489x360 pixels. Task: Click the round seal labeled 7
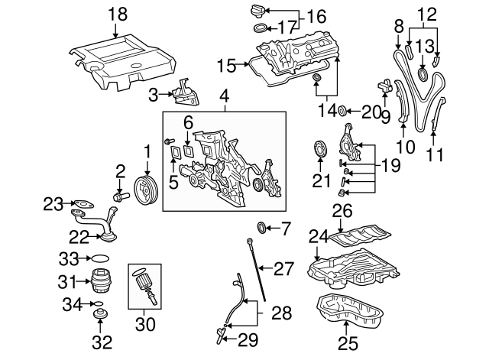264,227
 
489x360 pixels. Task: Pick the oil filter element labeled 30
145,287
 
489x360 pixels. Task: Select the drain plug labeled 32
99,314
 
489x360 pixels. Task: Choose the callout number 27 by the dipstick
283,268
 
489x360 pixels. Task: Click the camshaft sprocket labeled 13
424,75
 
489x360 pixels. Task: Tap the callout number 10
406,145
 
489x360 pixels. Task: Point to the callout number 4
223,98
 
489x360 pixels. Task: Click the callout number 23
53,203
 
